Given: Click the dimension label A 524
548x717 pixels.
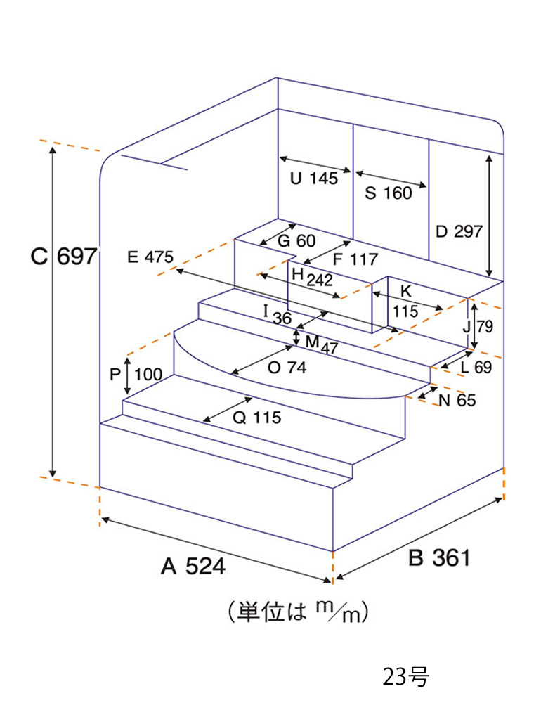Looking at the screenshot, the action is point(193,567).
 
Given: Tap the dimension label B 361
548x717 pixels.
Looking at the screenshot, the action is point(439,558).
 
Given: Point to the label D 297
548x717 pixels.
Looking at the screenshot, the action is point(459,232).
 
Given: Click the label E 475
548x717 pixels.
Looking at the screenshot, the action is point(150,257).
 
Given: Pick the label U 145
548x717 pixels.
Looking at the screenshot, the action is point(314,179).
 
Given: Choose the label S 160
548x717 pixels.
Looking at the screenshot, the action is point(389,193).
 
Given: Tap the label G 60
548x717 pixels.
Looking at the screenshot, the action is point(296,240).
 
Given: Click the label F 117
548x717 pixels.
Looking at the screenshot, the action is point(355,259).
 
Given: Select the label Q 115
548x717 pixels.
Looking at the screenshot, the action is point(257,418).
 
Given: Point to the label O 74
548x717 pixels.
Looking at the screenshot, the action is point(287,367).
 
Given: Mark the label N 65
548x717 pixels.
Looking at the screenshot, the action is point(457,401).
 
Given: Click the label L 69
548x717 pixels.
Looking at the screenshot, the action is point(477,367).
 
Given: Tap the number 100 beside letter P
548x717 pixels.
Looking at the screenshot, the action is point(148,375).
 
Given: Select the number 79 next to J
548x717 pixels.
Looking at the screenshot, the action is point(485,326).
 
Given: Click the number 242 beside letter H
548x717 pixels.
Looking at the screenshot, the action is point(320,280).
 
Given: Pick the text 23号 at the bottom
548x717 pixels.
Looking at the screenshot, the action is point(406,677).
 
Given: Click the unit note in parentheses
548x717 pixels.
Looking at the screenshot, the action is point(298,611).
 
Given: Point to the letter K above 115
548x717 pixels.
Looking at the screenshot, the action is point(406,291).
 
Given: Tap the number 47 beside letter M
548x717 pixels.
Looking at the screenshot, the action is point(329,348).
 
